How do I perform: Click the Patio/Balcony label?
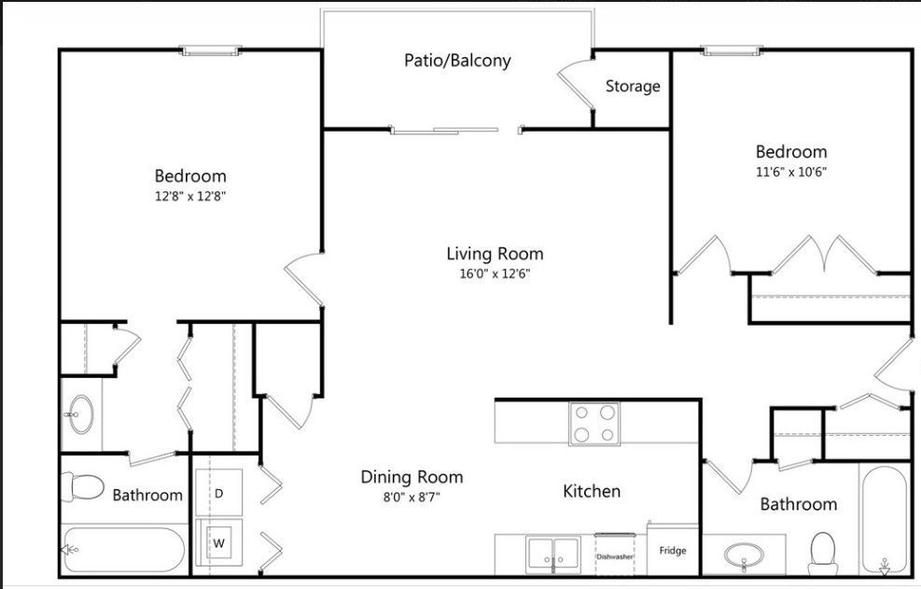pyautogui.click(x=457, y=61)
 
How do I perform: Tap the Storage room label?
pyautogui.click(x=633, y=87)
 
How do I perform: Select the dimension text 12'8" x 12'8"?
pyautogui.click(x=190, y=196)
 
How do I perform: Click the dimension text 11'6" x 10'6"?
pyautogui.click(x=791, y=172)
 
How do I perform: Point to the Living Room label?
pyautogui.click(x=495, y=253)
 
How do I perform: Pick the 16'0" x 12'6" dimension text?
pyautogui.click(x=495, y=274)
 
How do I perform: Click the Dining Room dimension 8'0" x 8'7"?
pyautogui.click(x=412, y=498)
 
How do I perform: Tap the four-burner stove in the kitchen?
pyautogui.click(x=594, y=423)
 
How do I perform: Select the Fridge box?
pyautogui.click(x=673, y=551)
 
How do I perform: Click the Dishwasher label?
pyautogui.click(x=615, y=556)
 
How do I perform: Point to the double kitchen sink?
pyautogui.click(x=553, y=554)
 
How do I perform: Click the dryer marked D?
pyautogui.click(x=219, y=492)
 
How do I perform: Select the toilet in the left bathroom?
pyautogui.click(x=82, y=486)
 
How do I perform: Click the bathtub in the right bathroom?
pyautogui.click(x=883, y=518)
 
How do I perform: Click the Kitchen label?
pyautogui.click(x=592, y=491)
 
